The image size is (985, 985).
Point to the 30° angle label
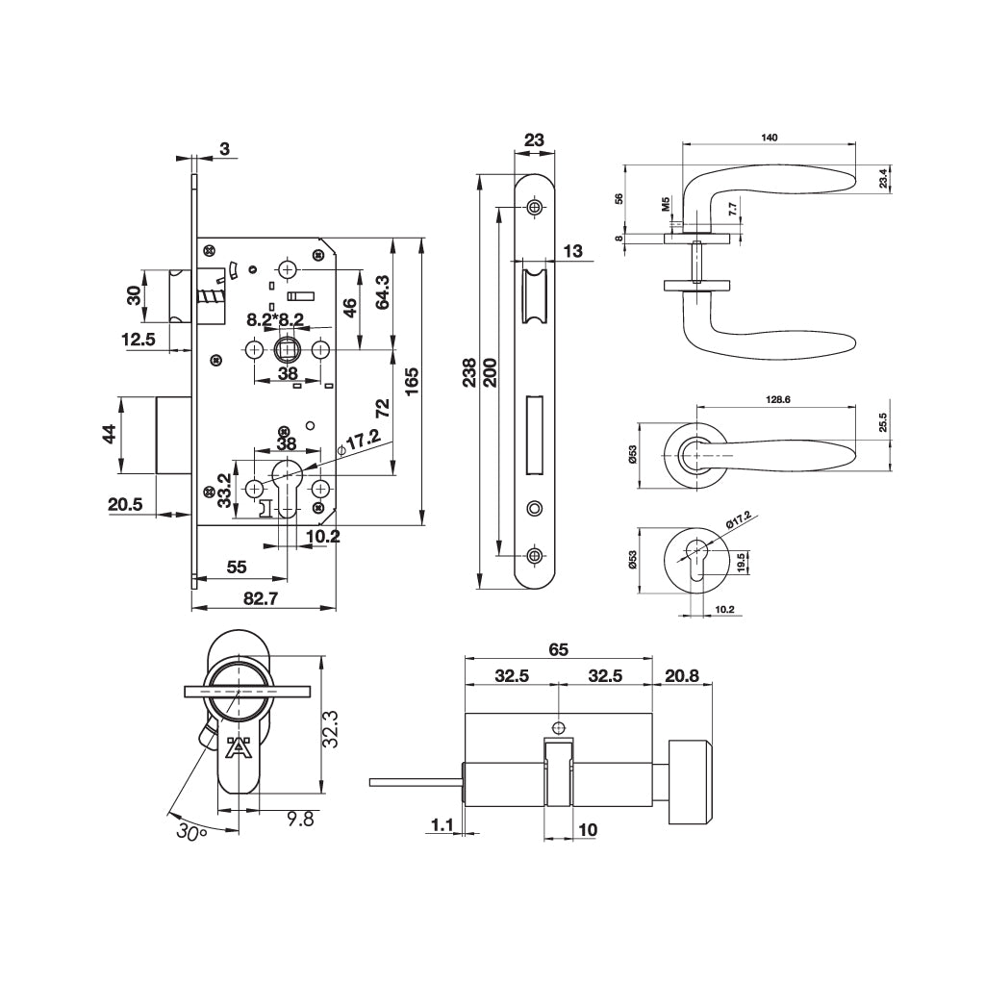(191, 831)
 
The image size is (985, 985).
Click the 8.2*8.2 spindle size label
(275, 319)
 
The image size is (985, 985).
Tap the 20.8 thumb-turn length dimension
(681, 676)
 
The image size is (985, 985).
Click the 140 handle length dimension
(769, 138)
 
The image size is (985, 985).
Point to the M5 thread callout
(665, 204)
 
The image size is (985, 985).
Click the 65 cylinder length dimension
(558, 649)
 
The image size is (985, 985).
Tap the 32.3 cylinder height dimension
(329, 727)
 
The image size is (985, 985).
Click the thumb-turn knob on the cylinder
(690, 781)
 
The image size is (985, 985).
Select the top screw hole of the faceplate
(535, 207)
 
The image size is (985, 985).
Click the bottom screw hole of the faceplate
(535, 555)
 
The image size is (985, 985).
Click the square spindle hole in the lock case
(286, 347)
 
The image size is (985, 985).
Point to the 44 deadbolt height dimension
(110, 434)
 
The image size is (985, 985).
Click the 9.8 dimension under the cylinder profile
(300, 819)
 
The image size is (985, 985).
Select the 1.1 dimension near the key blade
(442, 824)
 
